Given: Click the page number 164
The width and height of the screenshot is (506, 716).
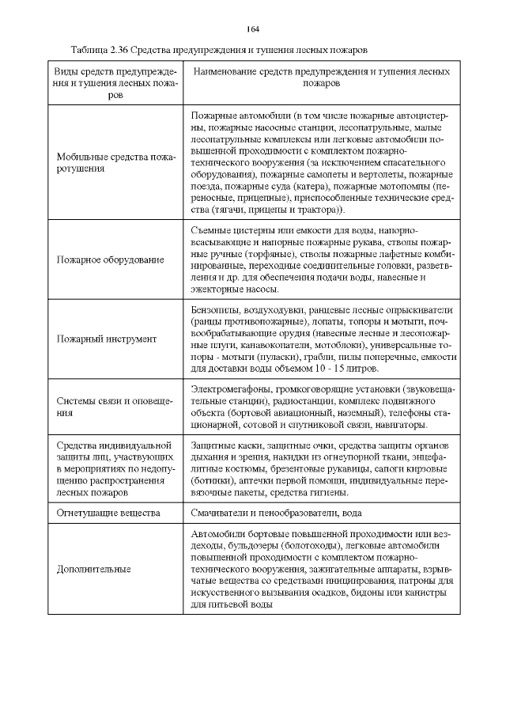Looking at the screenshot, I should pos(253,29).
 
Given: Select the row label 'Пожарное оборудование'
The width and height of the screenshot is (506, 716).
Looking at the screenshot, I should pos(110,260).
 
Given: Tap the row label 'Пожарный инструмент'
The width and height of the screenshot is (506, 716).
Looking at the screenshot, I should pos(106,339).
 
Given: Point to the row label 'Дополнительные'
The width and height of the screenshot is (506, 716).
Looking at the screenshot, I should pos(93,569).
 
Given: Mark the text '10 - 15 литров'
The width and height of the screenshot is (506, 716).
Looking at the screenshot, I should pos(347,369).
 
